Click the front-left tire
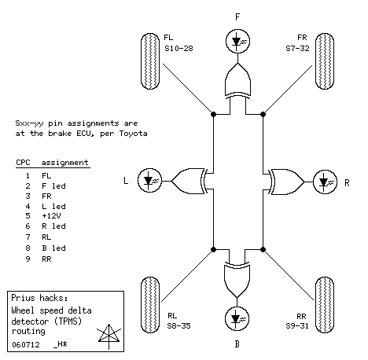coord(150,61)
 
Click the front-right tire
coord(325,61)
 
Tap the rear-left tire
coord(150,305)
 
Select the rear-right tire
coord(325,305)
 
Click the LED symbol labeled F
coord(237,41)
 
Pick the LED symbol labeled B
coord(237,318)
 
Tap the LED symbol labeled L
coord(149,181)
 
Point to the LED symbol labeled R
coord(325,182)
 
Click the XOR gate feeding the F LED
coord(237,80)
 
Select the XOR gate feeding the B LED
coord(237,280)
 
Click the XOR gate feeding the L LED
coord(190,181)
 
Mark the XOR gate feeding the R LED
coord(286,182)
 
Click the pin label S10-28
coord(178,49)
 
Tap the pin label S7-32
coord(297,49)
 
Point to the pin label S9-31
coord(297,326)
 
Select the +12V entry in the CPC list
coord(51,216)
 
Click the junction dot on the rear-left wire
coord(214,249)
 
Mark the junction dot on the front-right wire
coord(263,114)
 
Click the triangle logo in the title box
coord(109,336)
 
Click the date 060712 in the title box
coord(26,344)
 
